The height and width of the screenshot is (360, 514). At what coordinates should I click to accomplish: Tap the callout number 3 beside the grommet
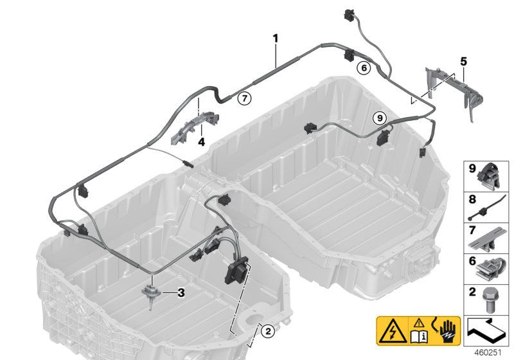(x=181, y=293)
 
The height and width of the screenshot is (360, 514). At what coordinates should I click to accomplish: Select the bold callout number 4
(x=201, y=141)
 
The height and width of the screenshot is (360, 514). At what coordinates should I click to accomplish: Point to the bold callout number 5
(x=463, y=62)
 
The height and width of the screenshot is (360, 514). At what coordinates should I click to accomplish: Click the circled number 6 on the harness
(x=363, y=66)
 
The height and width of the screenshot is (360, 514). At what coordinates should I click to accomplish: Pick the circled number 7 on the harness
(x=243, y=98)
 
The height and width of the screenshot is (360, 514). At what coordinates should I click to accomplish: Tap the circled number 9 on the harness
(x=379, y=118)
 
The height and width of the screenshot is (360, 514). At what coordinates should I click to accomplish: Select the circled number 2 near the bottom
(x=269, y=332)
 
